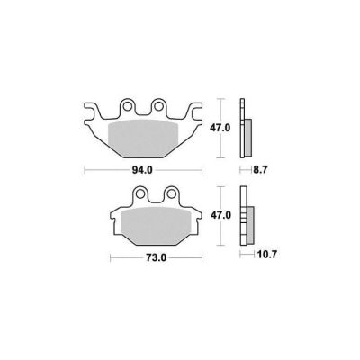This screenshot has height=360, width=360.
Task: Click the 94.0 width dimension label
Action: (x=143, y=170)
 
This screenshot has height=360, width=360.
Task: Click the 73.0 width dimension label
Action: (x=157, y=258)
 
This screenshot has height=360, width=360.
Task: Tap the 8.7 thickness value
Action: (x=260, y=170)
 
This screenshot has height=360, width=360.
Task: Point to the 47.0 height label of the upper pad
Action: (x=220, y=128)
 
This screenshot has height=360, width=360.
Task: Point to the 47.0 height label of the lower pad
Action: (x=220, y=215)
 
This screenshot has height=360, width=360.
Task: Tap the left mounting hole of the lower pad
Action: (x=140, y=193)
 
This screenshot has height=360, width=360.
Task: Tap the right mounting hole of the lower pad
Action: (x=171, y=193)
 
